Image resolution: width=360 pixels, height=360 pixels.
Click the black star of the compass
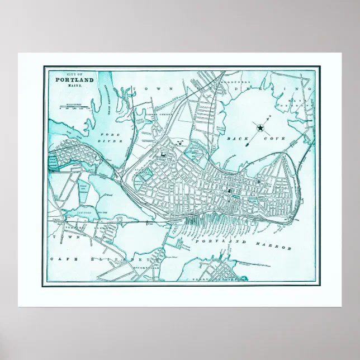click(x=260, y=129)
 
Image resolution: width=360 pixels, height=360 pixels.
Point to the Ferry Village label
click(x=212, y=277)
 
